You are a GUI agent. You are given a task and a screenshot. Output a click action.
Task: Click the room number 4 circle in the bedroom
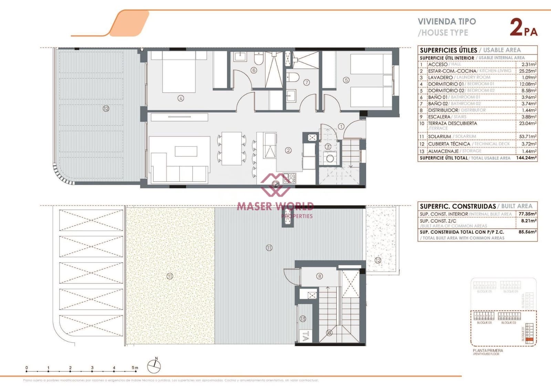181,98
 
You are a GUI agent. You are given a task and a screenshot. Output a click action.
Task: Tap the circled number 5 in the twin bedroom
346,80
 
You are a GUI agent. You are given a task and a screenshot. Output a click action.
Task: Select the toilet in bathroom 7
293,77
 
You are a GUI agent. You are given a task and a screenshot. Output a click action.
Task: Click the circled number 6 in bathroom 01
254,70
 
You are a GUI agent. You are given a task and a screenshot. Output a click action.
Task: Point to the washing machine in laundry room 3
330,158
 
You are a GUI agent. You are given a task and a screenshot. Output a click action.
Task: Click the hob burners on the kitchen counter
289,178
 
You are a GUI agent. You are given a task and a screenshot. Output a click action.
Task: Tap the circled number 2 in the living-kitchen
288,150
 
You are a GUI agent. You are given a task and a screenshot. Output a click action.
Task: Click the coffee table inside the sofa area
186,151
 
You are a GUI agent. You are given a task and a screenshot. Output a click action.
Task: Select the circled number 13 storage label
303,319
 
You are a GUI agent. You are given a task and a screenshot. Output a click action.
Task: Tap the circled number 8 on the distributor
320,276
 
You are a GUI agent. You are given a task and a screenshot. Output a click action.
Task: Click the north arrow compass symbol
154,366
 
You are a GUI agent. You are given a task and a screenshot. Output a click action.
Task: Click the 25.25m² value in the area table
527,71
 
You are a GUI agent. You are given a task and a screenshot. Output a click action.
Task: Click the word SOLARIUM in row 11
439,136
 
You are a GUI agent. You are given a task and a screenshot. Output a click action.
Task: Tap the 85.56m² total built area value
527,232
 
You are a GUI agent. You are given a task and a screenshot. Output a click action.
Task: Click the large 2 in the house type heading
516,28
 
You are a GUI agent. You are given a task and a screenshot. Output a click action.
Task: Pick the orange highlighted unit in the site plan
530,340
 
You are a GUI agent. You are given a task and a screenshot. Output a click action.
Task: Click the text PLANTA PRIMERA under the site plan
488,350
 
